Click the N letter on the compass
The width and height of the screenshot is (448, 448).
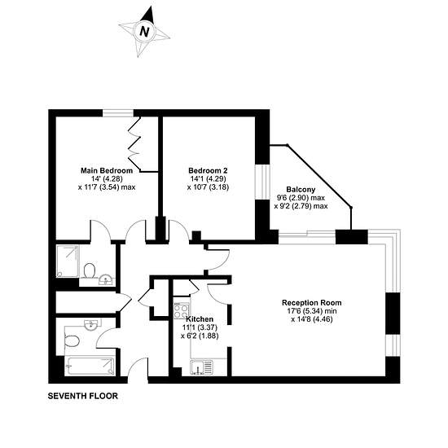pos(144,31)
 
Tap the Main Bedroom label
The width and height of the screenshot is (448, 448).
pos(107,170)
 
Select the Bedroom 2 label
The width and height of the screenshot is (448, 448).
pos(208,170)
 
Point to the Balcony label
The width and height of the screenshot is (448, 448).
pos(301,190)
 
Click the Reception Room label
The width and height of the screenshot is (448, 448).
pos(312,302)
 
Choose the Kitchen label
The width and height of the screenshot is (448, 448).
pos(200,319)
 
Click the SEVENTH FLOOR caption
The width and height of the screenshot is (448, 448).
pos(83,396)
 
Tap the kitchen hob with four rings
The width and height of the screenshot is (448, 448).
pos(181,310)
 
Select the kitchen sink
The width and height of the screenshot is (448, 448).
pos(201,367)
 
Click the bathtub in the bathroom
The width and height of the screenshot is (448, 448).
pos(90,366)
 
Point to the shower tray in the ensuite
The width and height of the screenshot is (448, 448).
pos(68,261)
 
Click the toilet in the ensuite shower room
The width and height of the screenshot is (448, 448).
pos(90,270)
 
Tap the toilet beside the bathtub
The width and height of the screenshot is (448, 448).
pos(72,340)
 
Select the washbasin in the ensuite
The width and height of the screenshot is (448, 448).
pos(106,279)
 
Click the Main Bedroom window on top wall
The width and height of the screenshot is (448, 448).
pos(118,113)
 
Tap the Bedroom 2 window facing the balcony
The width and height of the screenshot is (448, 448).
pos(262,182)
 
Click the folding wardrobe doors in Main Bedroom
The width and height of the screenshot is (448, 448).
pos(134,143)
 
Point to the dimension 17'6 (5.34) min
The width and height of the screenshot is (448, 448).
pos(312,311)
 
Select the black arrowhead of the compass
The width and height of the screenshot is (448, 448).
pos(148,15)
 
